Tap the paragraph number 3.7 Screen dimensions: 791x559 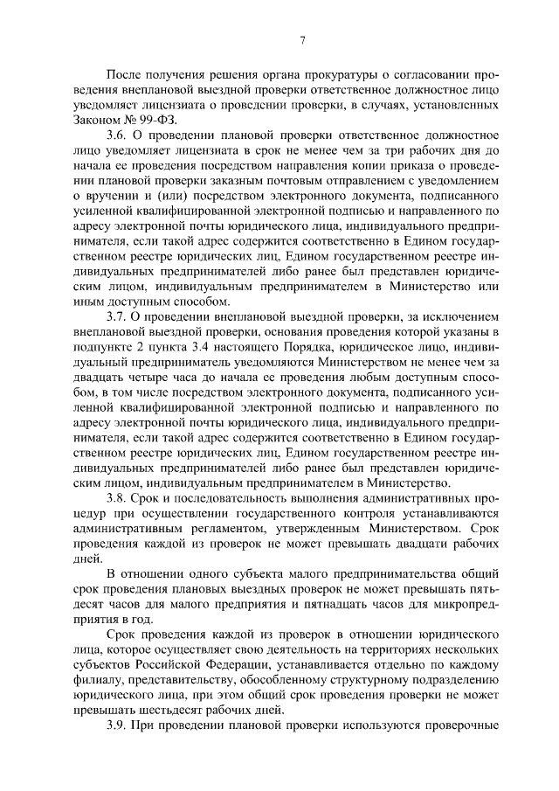click(117, 316)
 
